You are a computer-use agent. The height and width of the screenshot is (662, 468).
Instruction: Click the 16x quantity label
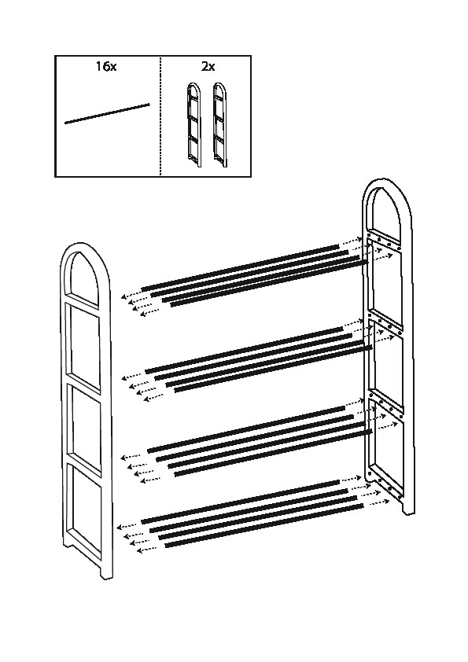(106, 66)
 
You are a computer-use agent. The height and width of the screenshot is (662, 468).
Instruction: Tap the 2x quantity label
(208, 66)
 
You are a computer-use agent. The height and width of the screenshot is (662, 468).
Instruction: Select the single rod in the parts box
(107, 113)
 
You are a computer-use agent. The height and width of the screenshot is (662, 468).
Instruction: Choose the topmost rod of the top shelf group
(241, 267)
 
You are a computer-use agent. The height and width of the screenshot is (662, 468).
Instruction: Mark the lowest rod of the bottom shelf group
(263, 524)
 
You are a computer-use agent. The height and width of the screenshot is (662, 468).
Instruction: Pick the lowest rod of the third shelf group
(273, 453)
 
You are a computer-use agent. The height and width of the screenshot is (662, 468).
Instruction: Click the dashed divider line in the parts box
(161, 116)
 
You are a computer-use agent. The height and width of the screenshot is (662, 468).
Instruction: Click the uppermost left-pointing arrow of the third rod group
(131, 458)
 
